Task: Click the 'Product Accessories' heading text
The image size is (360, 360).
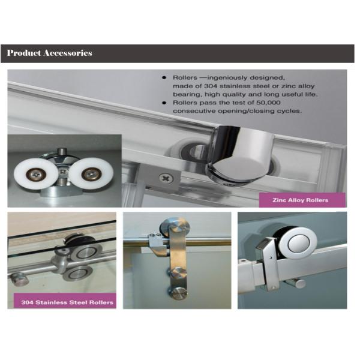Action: (x=50, y=53)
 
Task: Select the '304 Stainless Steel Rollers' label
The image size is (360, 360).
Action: (x=64, y=302)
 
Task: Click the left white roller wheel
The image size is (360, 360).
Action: (x=36, y=174)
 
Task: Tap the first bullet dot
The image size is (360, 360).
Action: (x=165, y=78)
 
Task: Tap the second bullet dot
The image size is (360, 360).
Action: (x=165, y=103)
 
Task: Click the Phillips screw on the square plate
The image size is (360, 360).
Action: (x=166, y=178)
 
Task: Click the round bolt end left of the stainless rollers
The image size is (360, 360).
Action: (x=19, y=278)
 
